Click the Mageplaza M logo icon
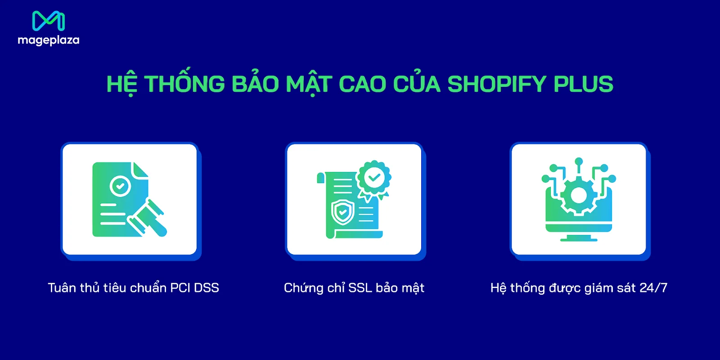coord(48,21)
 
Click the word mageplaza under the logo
coord(48,40)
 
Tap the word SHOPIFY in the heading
coord(497,84)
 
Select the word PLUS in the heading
coord(583,84)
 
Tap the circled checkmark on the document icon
coord(120,185)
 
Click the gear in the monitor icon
coord(579,195)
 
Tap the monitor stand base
coord(579,239)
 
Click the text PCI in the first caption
coord(180,288)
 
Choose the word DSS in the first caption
coord(207,288)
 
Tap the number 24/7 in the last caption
coord(653,288)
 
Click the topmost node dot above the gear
coord(579,161)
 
